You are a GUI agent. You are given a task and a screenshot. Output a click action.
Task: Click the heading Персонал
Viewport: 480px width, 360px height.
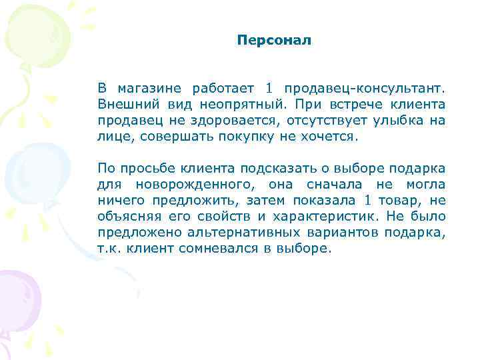274,41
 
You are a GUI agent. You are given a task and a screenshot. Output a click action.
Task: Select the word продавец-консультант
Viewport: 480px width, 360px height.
365,89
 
